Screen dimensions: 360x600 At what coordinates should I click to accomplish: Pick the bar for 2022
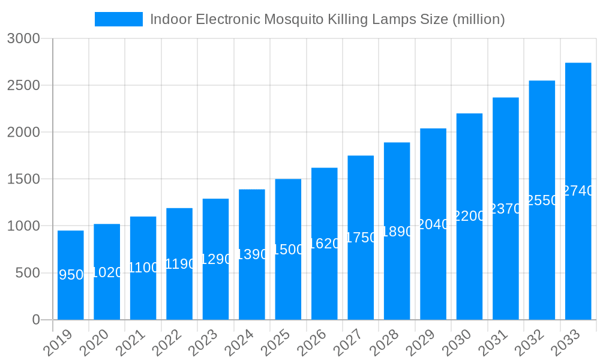tap(179, 264)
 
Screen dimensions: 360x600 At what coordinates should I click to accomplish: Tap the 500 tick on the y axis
tap(28, 274)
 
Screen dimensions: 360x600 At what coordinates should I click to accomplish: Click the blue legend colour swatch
tap(119, 19)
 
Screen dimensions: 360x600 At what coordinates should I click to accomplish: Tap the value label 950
tap(71, 275)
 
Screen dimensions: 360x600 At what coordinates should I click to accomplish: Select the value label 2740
tap(578, 191)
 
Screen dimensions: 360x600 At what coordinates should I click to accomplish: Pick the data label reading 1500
tap(288, 250)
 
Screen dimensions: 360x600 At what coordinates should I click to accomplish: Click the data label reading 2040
tap(433, 224)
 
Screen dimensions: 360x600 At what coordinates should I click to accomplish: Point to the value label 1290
tap(215, 259)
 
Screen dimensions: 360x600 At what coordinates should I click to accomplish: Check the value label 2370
tap(506, 209)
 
